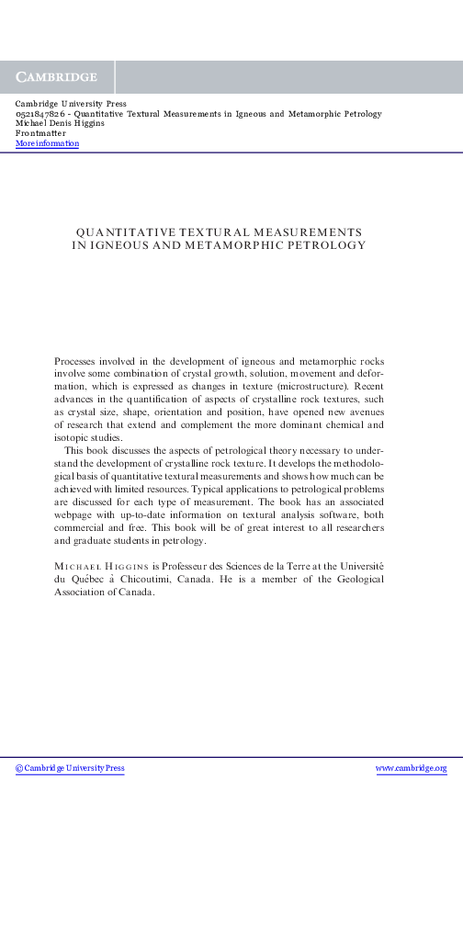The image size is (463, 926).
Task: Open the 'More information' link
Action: coord(47,143)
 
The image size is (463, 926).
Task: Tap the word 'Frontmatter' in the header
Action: coord(41,133)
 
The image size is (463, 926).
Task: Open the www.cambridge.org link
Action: coord(412,768)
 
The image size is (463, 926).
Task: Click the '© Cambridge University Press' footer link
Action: coord(70,768)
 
